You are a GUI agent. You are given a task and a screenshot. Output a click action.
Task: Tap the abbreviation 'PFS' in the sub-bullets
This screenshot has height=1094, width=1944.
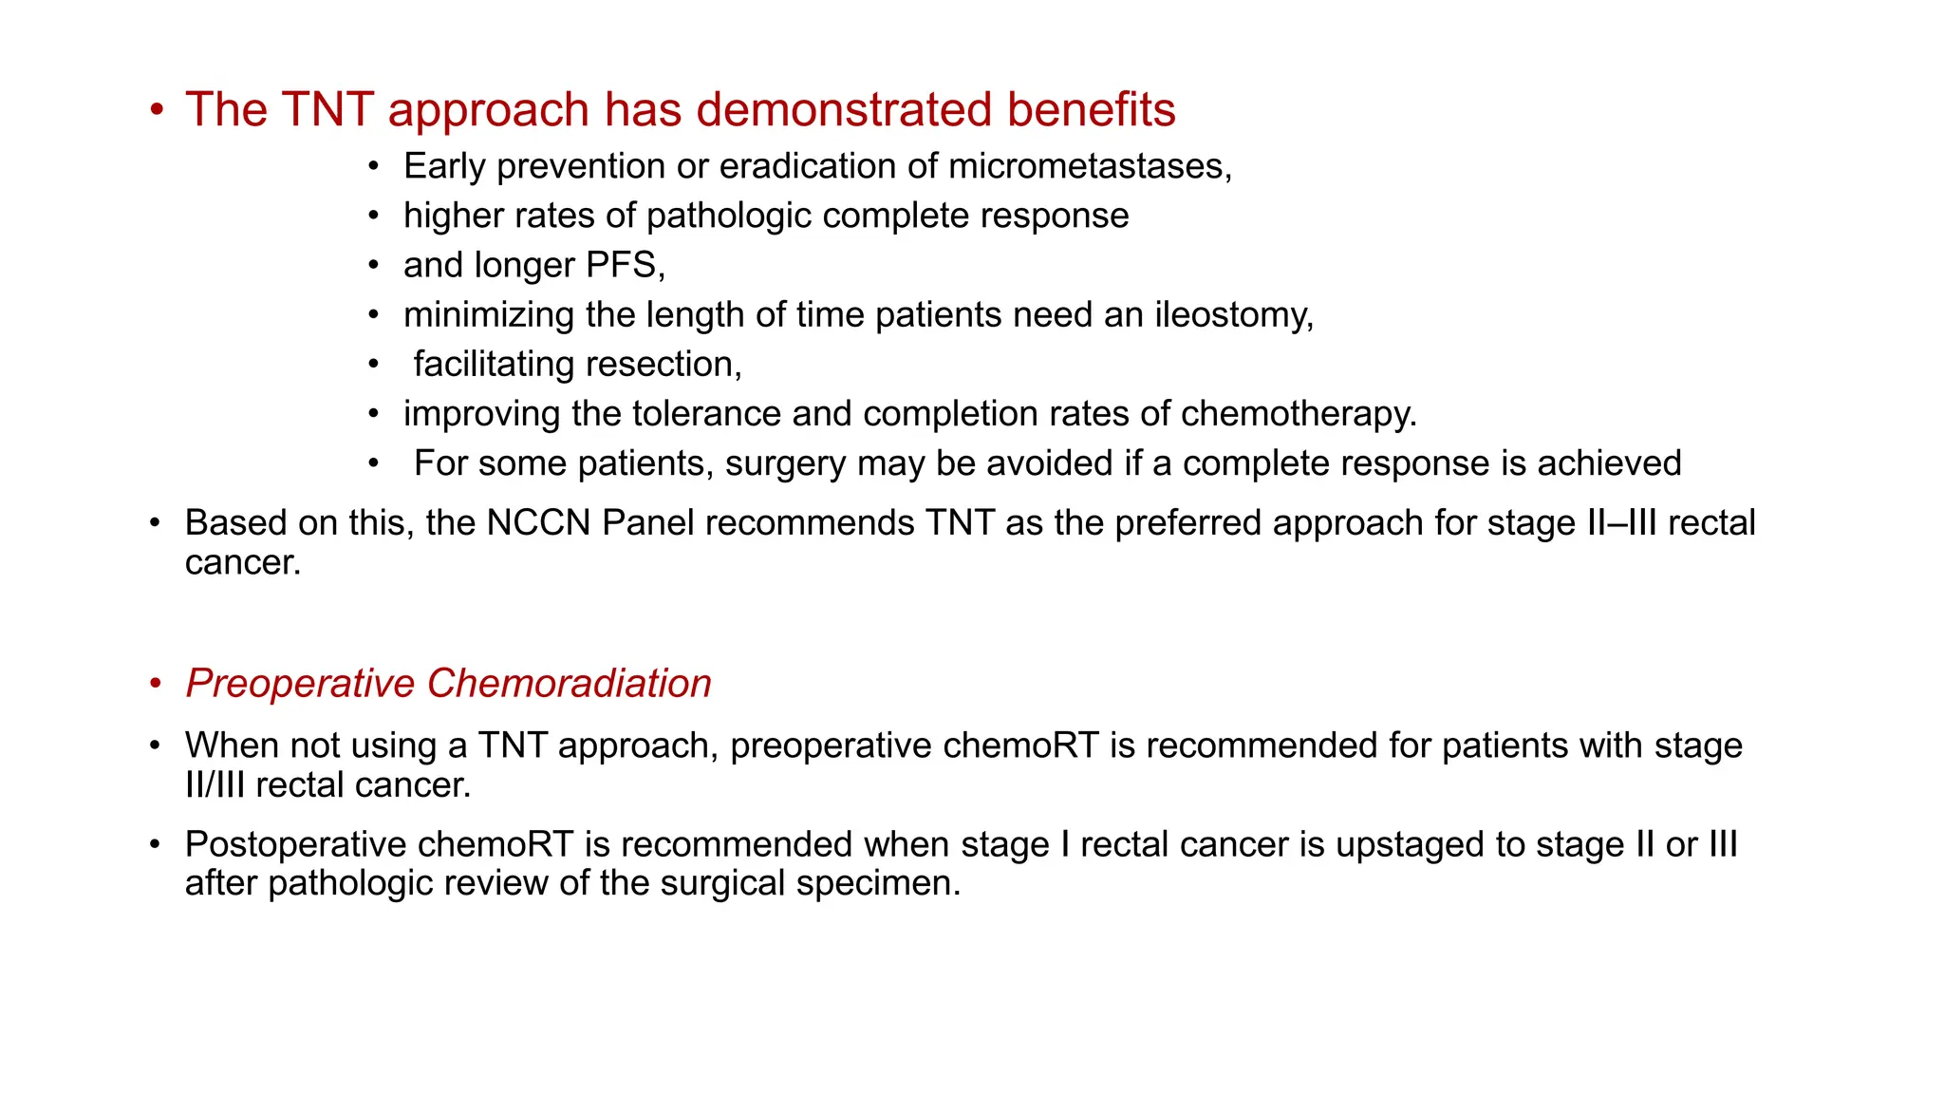click(x=622, y=266)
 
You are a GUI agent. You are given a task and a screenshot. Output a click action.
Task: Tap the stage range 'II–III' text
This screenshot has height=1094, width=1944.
click(x=1622, y=523)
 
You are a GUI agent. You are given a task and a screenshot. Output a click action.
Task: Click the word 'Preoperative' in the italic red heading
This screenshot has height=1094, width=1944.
click(x=300, y=684)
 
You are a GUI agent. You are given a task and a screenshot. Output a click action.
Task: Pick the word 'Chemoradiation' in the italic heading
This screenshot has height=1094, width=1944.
click(x=569, y=684)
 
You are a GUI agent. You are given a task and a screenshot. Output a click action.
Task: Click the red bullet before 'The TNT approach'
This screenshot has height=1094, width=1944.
click(x=157, y=110)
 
